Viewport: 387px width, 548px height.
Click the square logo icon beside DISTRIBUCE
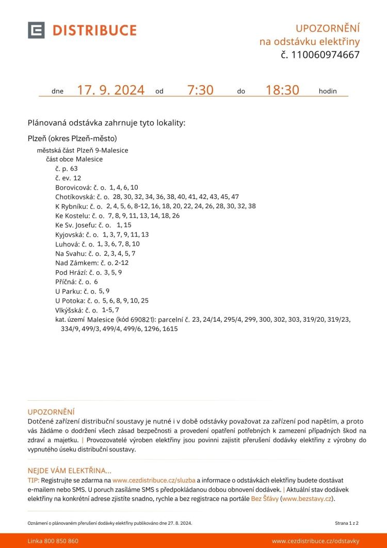(36, 30)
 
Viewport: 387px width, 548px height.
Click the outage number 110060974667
(326, 55)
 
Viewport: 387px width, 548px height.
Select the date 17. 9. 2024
(110, 90)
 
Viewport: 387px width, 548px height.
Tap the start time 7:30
(200, 90)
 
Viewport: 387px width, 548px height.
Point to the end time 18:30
(282, 90)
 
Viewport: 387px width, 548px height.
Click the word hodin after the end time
(328, 91)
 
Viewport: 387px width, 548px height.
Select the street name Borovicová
(73, 187)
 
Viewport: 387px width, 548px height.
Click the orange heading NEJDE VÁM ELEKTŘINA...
(69, 471)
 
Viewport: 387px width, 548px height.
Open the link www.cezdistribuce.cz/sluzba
(154, 480)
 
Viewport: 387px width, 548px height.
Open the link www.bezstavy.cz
(307, 499)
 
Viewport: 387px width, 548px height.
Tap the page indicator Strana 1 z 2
(347, 523)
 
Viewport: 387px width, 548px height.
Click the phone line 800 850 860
(61, 541)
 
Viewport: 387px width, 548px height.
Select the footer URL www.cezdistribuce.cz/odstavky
(315, 541)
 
